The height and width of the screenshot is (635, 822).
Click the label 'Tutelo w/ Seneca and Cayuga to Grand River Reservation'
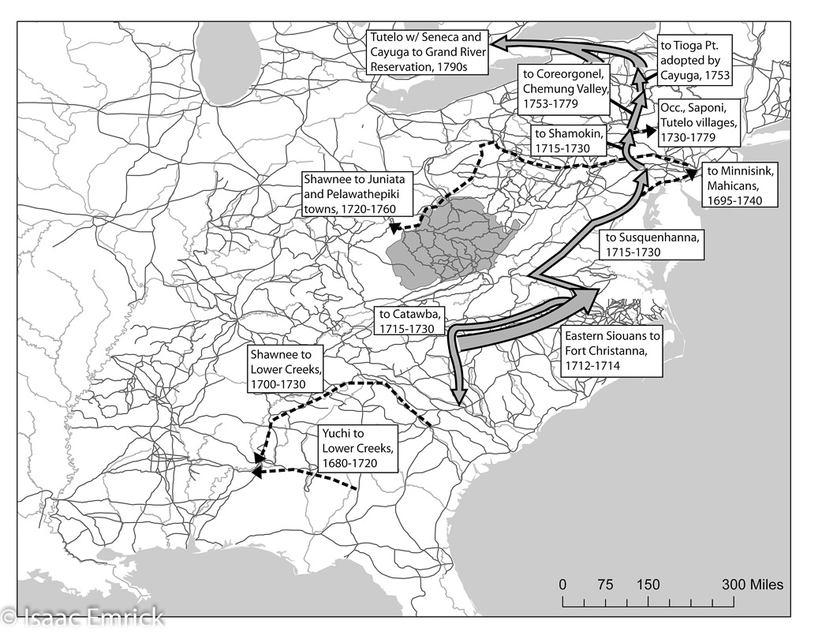426,52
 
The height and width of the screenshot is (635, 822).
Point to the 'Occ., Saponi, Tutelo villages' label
698,121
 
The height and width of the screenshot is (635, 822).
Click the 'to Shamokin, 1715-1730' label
567,140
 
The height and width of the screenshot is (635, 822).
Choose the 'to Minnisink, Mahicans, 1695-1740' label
740,185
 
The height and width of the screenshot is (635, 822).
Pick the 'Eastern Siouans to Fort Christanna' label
611,349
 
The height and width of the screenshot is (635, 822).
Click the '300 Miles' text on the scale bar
753,585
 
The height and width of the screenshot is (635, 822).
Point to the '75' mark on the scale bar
605,585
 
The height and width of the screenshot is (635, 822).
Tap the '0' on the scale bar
562,585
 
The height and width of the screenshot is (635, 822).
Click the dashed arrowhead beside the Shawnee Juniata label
394,230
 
